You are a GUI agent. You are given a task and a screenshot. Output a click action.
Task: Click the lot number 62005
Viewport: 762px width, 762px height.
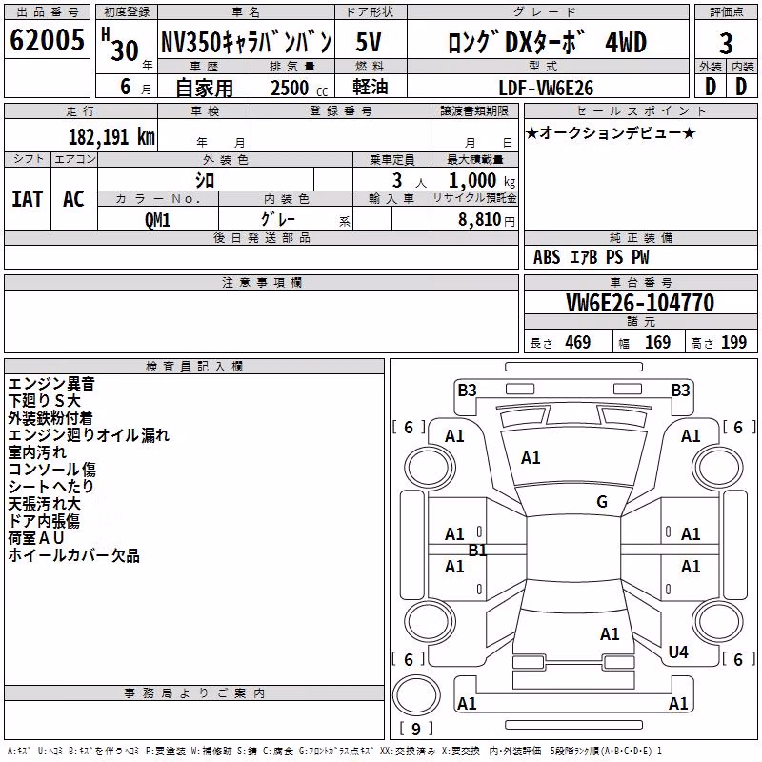(x=47, y=40)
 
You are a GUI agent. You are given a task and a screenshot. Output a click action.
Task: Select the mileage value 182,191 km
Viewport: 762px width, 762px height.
(x=111, y=136)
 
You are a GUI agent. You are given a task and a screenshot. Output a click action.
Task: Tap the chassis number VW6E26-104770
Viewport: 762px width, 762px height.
(x=640, y=303)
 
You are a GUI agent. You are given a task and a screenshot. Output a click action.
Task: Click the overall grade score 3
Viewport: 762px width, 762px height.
(x=726, y=43)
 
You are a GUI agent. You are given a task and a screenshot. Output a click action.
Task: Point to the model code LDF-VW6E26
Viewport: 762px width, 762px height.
(x=546, y=88)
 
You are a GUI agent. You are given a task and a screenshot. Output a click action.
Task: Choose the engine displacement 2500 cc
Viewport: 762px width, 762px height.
(x=299, y=88)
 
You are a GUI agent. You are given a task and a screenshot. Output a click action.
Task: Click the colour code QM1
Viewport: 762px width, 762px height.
(x=157, y=220)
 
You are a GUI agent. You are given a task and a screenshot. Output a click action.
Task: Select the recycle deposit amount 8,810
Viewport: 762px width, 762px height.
(x=480, y=220)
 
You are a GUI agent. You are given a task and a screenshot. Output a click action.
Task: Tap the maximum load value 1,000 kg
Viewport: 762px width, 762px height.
(x=482, y=181)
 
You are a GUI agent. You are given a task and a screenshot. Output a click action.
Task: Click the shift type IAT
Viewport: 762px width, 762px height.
(x=28, y=199)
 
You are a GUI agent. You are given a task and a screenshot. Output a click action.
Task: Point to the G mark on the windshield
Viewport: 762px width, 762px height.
(x=602, y=502)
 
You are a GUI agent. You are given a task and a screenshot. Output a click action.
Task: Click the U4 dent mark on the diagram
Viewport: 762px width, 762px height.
(x=678, y=652)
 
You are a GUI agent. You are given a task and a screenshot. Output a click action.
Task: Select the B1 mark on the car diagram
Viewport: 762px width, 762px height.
(x=477, y=551)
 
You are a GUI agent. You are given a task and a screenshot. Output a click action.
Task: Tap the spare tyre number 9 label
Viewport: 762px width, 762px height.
(x=415, y=729)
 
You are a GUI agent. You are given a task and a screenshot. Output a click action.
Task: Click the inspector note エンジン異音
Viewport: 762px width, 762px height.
(x=51, y=384)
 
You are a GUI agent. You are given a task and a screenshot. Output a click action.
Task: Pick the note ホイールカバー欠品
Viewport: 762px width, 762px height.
(x=74, y=555)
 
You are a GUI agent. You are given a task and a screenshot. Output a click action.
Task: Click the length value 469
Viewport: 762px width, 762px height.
(x=578, y=343)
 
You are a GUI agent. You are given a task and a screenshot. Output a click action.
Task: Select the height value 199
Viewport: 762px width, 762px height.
(x=733, y=343)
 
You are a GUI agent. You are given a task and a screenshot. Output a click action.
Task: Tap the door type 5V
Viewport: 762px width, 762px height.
(x=369, y=42)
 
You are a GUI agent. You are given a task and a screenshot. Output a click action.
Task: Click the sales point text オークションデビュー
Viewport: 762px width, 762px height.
(x=611, y=132)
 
